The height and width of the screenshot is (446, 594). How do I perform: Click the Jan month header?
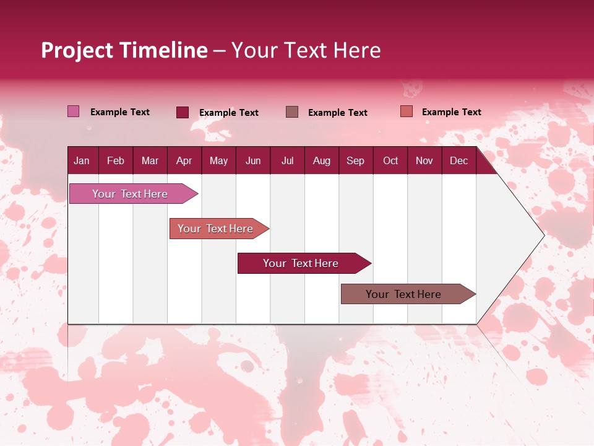(x=82, y=160)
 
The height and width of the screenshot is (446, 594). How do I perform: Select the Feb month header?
(x=116, y=160)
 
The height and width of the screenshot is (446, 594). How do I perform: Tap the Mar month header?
(x=150, y=160)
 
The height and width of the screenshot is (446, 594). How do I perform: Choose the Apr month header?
(x=184, y=160)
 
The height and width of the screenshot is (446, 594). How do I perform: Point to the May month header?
(x=218, y=160)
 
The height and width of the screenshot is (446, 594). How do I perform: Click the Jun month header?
(x=253, y=160)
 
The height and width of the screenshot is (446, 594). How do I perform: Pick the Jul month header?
(x=287, y=160)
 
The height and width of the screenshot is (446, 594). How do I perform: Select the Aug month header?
(x=321, y=160)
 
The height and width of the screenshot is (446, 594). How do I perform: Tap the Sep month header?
(x=355, y=160)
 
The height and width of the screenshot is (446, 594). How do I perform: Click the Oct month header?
(x=390, y=160)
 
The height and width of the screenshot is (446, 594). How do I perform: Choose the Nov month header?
(x=424, y=160)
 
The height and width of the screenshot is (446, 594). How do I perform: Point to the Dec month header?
(x=458, y=160)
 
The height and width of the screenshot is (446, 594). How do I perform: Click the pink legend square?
(x=73, y=111)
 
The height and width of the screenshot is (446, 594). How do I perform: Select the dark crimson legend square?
(x=183, y=112)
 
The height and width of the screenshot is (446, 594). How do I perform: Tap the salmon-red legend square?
(x=407, y=111)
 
